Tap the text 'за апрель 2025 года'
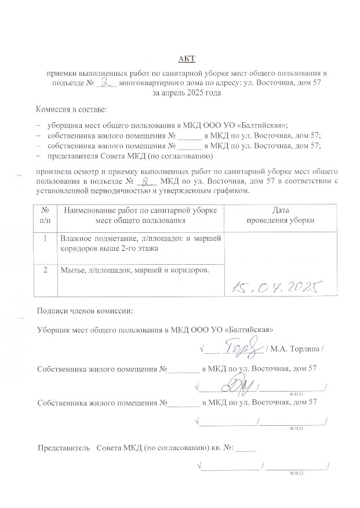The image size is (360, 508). coord(186,93)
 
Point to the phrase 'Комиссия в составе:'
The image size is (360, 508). coord(71,109)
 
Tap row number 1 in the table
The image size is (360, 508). coord(46,238)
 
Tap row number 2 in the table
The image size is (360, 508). coord(46,269)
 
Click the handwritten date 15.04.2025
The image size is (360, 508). coord(277,286)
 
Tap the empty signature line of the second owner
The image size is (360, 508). coord(228,422)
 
